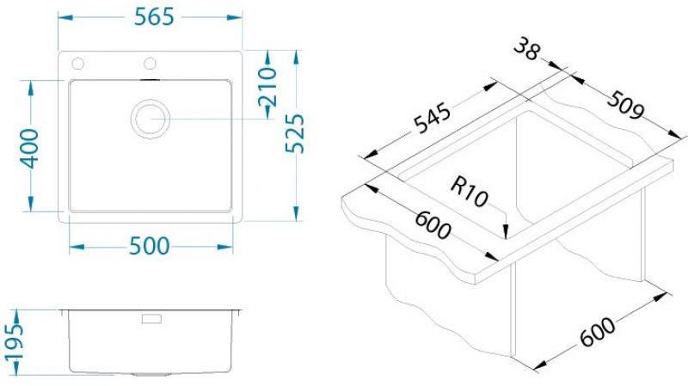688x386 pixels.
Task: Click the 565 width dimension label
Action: point(154,17)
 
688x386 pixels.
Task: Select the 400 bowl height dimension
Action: point(30,148)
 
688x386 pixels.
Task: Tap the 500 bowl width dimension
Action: point(149,247)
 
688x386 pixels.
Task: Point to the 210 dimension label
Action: point(267,87)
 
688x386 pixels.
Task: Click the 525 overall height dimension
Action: point(294,133)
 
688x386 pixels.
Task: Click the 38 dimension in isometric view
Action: point(526,49)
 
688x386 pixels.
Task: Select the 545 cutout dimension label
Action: point(433,118)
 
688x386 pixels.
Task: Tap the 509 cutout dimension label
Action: point(626,105)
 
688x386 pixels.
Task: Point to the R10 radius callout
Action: point(469,193)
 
